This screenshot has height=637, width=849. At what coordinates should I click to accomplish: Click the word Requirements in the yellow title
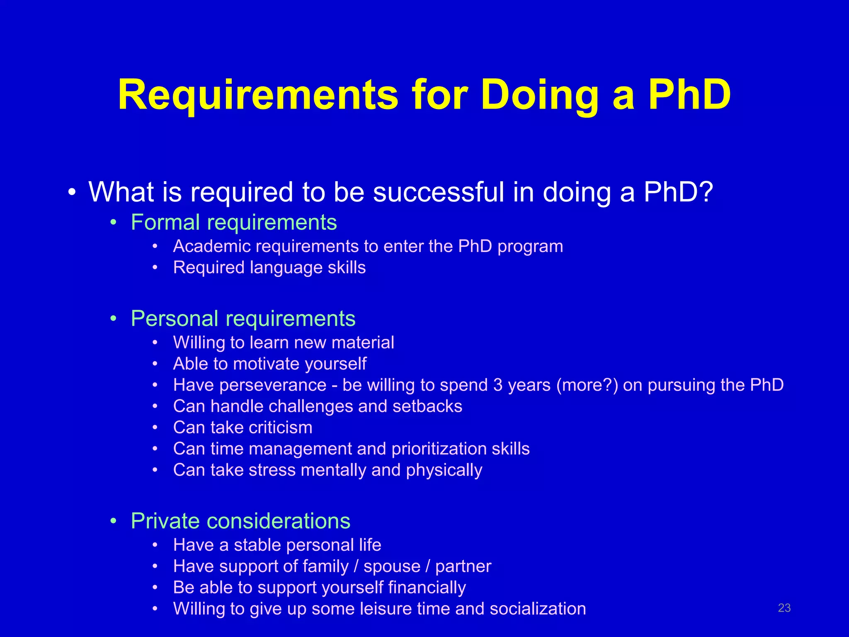click(x=258, y=95)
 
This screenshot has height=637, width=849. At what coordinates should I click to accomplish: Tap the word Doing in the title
click(x=539, y=95)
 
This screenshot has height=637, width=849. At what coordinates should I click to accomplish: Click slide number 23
click(x=784, y=608)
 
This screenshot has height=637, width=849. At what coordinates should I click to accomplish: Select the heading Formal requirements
click(x=234, y=222)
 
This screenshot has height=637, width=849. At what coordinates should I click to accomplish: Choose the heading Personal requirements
click(x=243, y=318)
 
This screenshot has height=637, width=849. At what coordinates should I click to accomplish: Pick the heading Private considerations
click(x=240, y=521)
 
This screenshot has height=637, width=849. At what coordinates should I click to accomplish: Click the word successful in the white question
click(x=439, y=192)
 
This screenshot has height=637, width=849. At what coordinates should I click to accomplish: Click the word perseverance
click(x=273, y=385)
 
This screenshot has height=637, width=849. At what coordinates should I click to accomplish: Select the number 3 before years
click(x=498, y=385)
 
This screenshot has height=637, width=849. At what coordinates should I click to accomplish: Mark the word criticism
click(x=280, y=428)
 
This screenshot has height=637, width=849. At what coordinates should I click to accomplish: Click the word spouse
click(x=392, y=566)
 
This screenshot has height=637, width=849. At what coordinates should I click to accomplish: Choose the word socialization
click(x=538, y=609)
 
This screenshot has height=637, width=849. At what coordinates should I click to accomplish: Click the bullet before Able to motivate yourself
click(x=155, y=364)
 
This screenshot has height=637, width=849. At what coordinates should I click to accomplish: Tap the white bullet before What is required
click(x=72, y=193)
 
